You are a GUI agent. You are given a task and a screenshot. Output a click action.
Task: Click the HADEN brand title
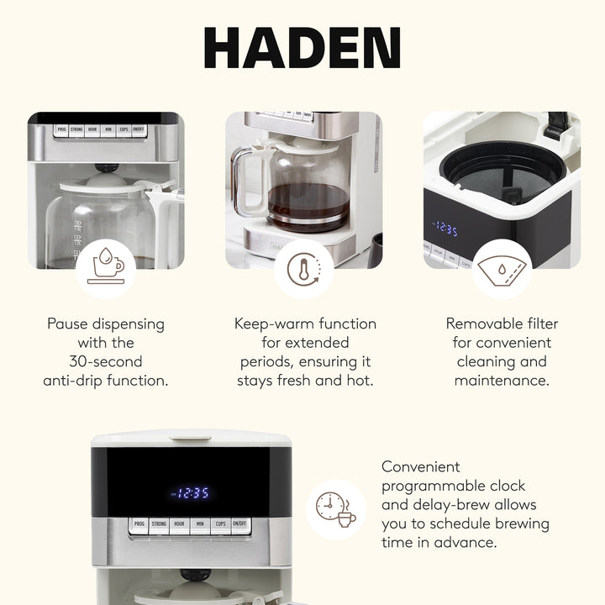point(302,48)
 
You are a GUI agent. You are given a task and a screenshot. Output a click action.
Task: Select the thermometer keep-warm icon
point(303,269)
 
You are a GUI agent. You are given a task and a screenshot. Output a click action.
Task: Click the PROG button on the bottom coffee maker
point(138,524)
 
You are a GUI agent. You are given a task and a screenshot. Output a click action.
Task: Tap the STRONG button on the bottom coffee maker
point(159,524)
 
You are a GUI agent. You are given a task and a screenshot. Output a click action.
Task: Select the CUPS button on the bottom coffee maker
point(220,524)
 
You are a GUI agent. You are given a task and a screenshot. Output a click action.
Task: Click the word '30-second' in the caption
point(106,361)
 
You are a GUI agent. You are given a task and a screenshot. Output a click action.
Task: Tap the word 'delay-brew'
point(469,505)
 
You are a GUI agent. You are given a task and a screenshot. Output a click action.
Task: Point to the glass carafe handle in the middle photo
point(243,181)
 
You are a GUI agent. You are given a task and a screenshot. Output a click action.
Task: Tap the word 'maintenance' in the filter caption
point(501,381)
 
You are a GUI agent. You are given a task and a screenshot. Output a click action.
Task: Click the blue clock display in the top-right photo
point(445,229)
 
